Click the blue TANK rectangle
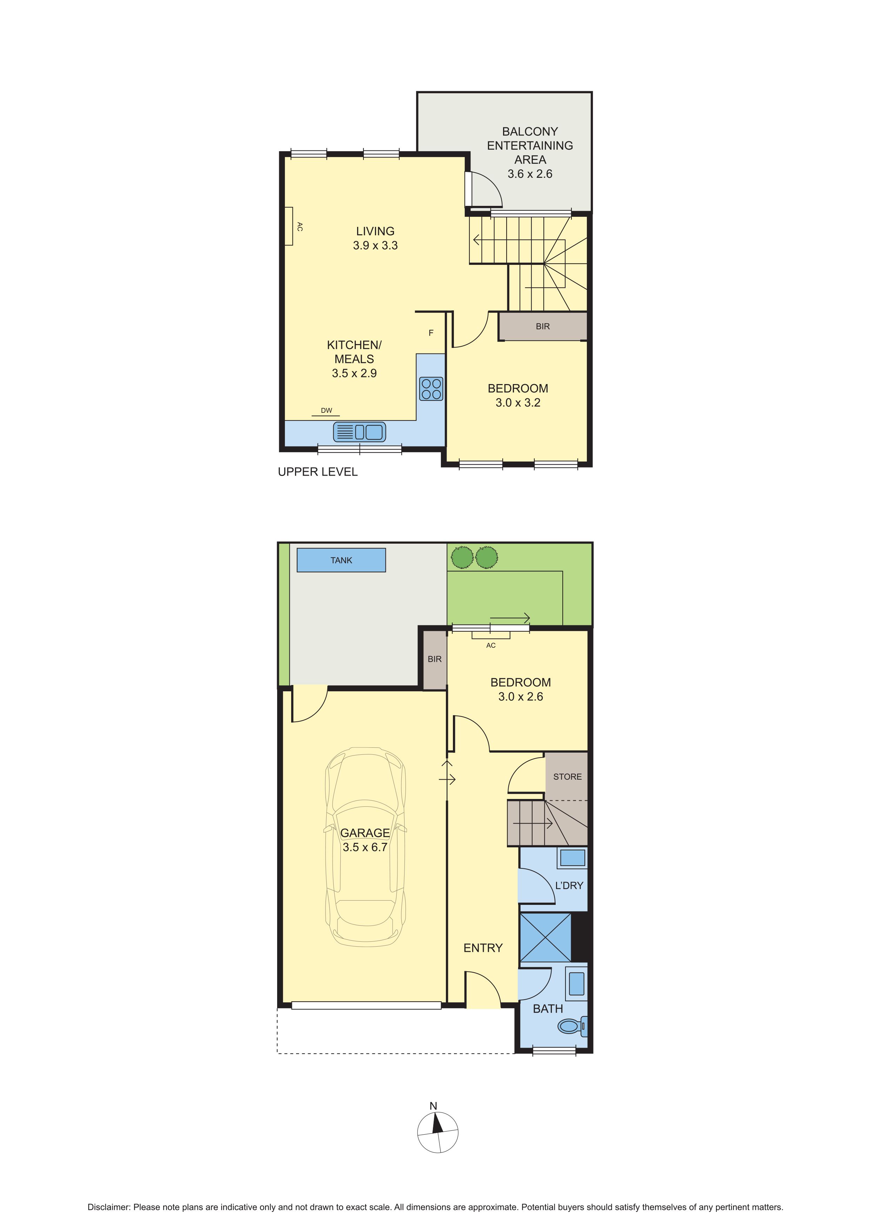click(341, 560)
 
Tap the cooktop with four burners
click(431, 389)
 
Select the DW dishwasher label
click(326, 410)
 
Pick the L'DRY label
click(569, 886)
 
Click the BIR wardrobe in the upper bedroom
click(543, 326)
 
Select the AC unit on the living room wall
click(289, 226)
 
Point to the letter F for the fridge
click(431, 333)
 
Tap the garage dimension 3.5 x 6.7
click(365, 847)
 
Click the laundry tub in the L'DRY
click(572, 859)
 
